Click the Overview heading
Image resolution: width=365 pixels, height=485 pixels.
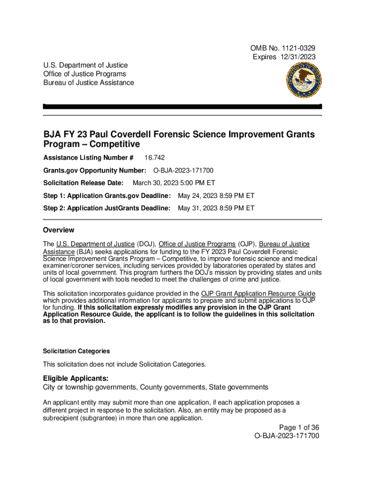click(x=58, y=230)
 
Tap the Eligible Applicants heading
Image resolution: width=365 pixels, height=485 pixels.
click(x=76, y=378)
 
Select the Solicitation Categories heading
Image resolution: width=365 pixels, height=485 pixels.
click(x=76, y=351)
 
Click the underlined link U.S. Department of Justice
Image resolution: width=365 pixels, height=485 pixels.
click(x=95, y=244)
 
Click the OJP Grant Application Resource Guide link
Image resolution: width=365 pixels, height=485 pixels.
click(x=258, y=294)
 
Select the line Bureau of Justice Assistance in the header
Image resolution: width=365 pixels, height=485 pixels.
click(x=88, y=82)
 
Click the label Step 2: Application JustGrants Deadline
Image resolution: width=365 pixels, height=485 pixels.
click(x=107, y=208)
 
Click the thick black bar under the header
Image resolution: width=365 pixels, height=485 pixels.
click(x=182, y=107)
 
